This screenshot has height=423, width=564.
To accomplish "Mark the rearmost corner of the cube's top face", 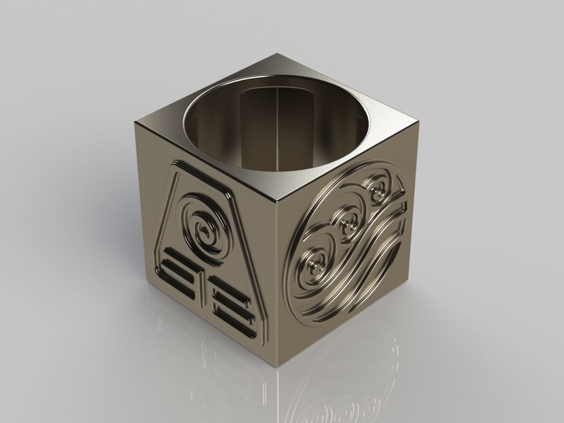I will tap(279, 54).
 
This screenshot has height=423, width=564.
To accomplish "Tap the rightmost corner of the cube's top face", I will tap(422, 123).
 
